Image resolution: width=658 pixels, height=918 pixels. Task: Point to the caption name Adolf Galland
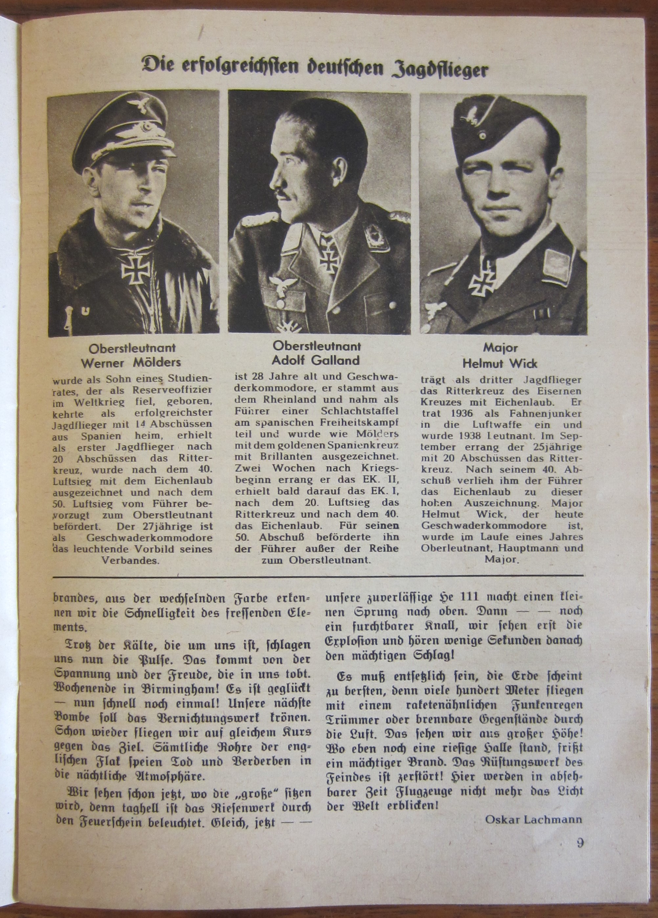pyautogui.click(x=316, y=360)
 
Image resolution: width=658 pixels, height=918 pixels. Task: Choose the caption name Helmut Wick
pyautogui.click(x=500, y=363)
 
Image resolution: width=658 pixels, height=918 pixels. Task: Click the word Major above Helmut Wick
pyautogui.click(x=500, y=347)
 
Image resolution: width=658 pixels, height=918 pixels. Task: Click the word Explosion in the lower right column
pyautogui.click(x=353, y=641)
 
